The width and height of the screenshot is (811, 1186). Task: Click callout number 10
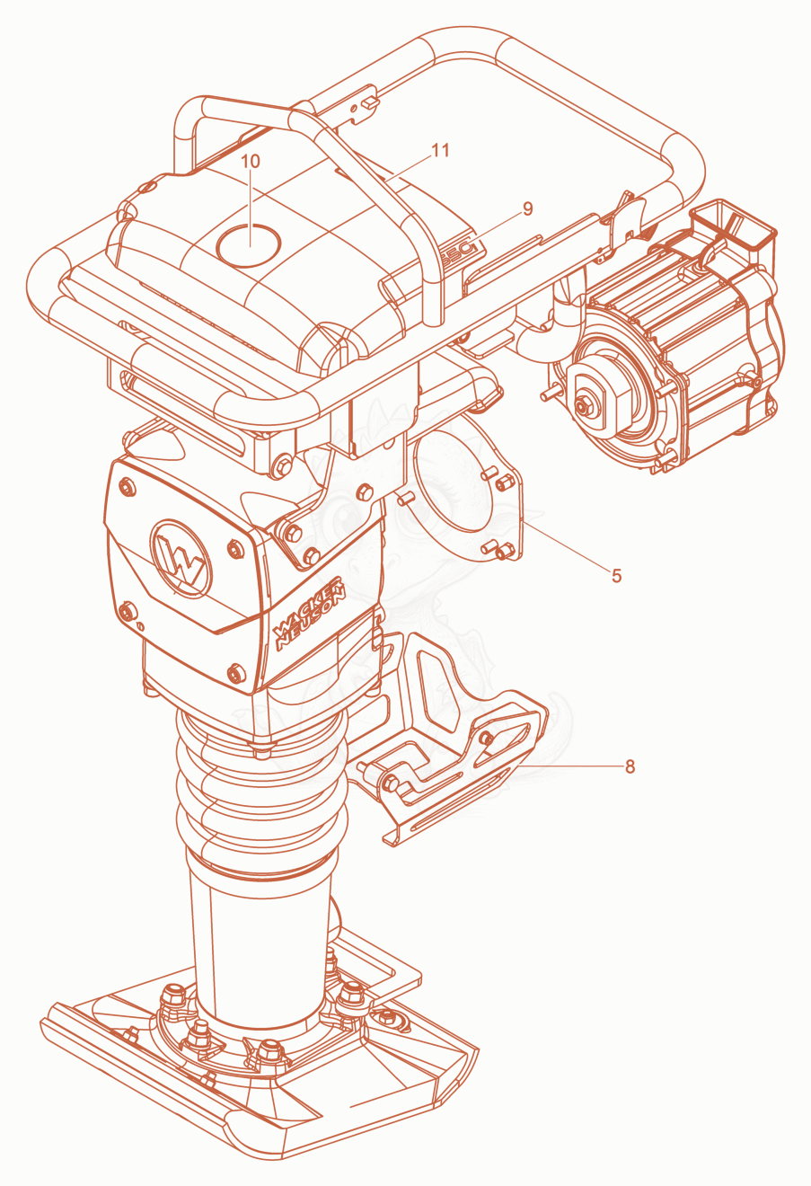click(251, 162)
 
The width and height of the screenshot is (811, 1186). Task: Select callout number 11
click(440, 150)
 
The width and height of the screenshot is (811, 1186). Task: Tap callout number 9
click(527, 209)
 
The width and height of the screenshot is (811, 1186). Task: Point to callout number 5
click(616, 576)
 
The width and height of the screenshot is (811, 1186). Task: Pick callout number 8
click(630, 766)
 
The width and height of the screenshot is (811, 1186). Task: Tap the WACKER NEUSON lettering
click(310, 613)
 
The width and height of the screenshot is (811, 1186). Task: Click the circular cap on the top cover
click(249, 244)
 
